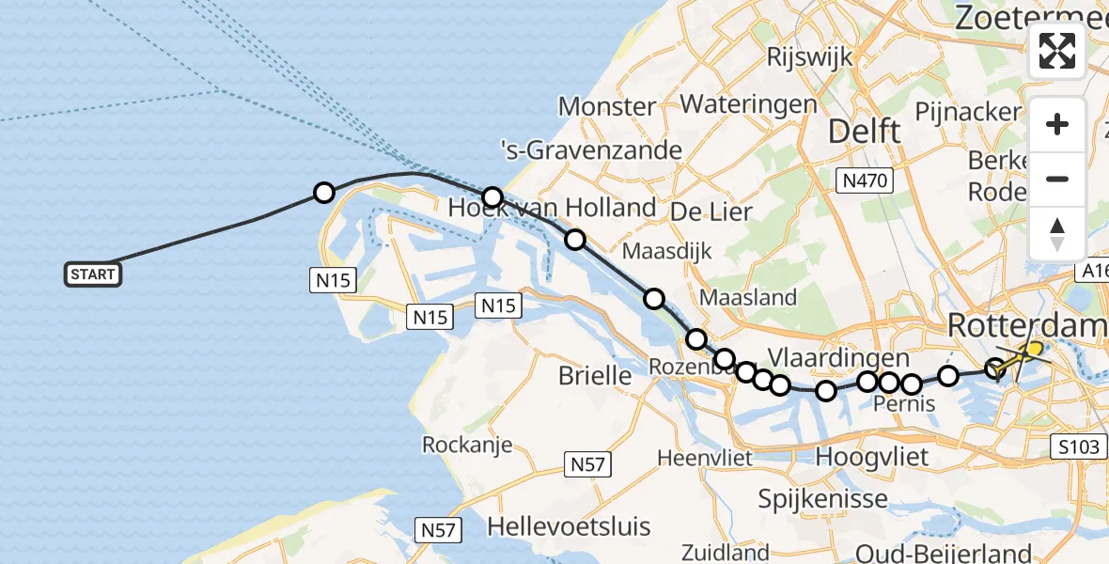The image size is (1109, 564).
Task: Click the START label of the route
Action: tap(93, 274)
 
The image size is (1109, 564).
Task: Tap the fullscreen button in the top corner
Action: tap(1057, 51)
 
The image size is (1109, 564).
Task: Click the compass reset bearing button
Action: tap(1057, 234)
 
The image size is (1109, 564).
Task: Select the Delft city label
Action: tap(864, 132)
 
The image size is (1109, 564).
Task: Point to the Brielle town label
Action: tap(595, 376)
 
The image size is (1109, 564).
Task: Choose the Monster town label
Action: tap(606, 106)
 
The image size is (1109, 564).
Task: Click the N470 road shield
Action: tap(865, 179)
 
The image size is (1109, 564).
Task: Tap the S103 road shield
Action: tap(1076, 446)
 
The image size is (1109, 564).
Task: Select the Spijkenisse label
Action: tap(823, 498)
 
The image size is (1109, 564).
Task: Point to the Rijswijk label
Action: tap(809, 56)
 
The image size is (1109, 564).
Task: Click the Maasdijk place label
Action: tap(667, 251)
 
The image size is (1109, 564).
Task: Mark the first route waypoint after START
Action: tap(323, 193)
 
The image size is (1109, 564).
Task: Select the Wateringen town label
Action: tap(749, 103)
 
